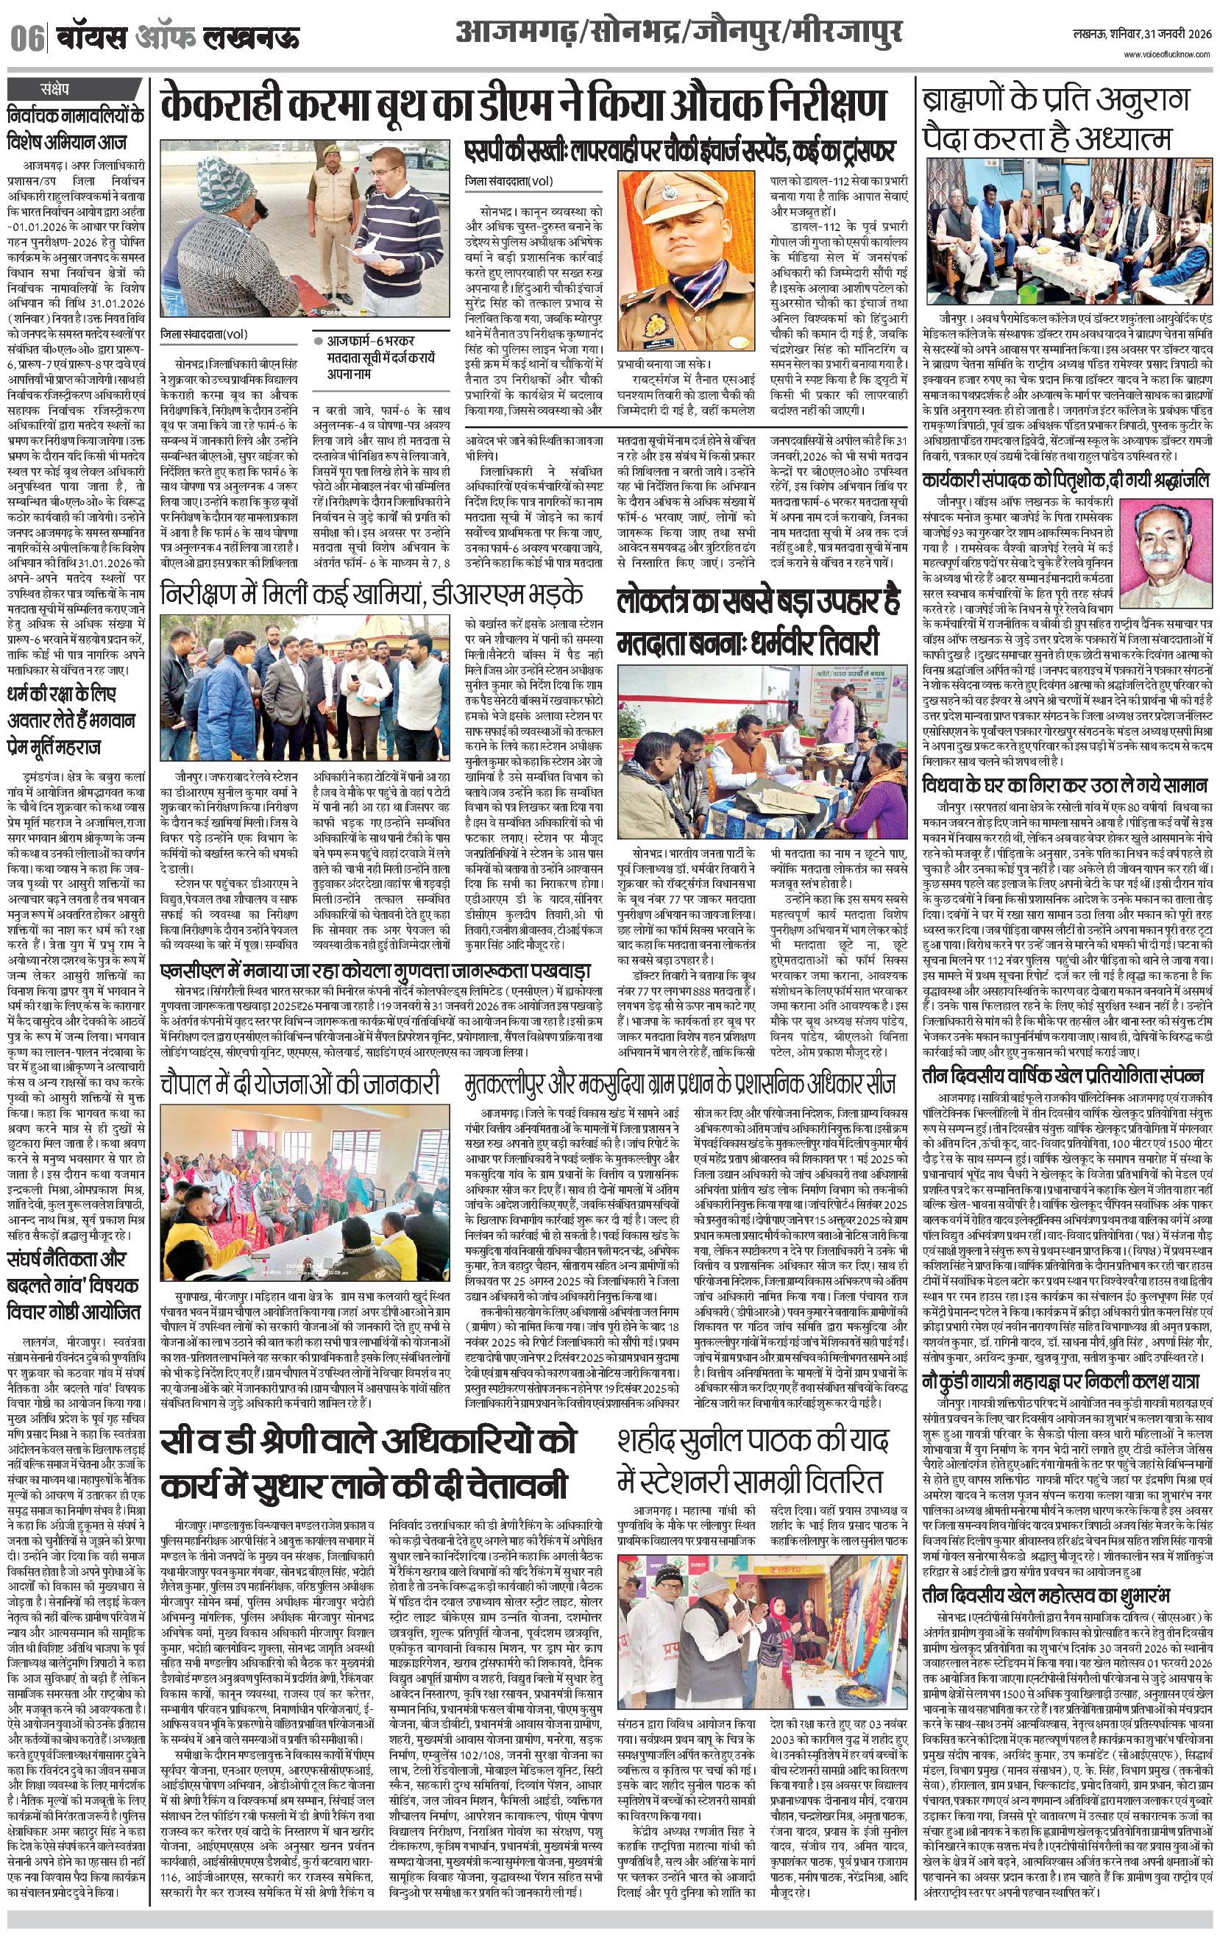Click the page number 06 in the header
coord(27,38)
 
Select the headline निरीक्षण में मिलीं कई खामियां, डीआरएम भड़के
coord(372,595)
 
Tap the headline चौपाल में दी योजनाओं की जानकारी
coord(300,1083)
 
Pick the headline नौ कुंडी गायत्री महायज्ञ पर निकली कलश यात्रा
coord(1061,1381)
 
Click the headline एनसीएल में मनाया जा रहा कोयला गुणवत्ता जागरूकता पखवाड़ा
coord(375,971)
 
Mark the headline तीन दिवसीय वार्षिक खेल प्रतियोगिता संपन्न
coord(1063,1075)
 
